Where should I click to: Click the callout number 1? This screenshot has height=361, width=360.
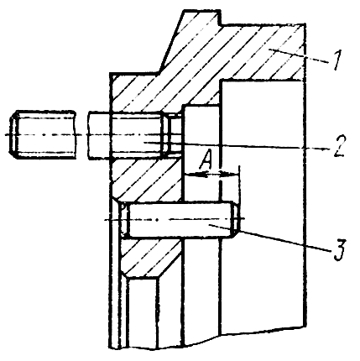point(335,60)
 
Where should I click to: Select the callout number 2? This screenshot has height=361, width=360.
point(338,147)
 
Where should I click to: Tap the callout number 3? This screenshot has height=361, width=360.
point(339,249)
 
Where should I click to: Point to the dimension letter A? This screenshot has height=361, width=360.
point(206,160)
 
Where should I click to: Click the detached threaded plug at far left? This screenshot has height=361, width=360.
point(43,135)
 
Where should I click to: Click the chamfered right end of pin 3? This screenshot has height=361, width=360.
point(237,220)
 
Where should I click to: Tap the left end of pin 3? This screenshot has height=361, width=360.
point(125,220)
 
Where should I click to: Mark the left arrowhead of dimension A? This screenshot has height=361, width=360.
point(190,175)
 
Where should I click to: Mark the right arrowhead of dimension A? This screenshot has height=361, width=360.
point(232,175)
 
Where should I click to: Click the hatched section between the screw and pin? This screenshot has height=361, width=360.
point(145,179)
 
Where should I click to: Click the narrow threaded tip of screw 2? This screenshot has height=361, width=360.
point(173,134)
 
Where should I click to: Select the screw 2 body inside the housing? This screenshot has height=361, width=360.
point(137,135)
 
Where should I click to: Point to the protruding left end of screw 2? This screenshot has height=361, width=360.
point(100,135)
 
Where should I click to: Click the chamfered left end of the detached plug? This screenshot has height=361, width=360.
point(14,135)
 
